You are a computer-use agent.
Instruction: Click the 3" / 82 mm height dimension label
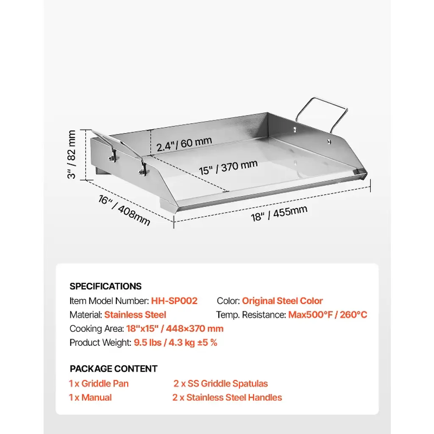tap(71, 154)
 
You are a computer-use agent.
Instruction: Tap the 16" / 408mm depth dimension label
tap(124, 210)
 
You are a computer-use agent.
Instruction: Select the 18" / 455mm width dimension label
tap(279, 214)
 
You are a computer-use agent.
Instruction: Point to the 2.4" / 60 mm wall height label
tap(184, 144)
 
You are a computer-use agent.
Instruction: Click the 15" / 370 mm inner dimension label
tap(228, 167)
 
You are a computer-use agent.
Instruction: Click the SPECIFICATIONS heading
tap(106, 286)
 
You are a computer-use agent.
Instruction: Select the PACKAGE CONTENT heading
tap(114, 369)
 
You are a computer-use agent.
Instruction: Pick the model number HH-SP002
tap(174, 301)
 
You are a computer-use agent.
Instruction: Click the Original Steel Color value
tap(282, 301)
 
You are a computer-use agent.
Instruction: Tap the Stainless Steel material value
tap(135, 315)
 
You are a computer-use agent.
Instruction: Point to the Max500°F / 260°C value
tap(328, 315)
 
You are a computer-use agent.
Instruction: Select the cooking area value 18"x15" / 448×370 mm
tap(175, 328)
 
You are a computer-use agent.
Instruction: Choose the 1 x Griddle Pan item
tap(98, 384)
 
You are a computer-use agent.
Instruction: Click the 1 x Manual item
tap(90, 398)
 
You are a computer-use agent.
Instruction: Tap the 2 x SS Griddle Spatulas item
tap(220, 384)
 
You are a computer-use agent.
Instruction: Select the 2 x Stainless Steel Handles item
tap(227, 398)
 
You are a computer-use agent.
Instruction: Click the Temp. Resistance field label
tap(251, 315)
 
